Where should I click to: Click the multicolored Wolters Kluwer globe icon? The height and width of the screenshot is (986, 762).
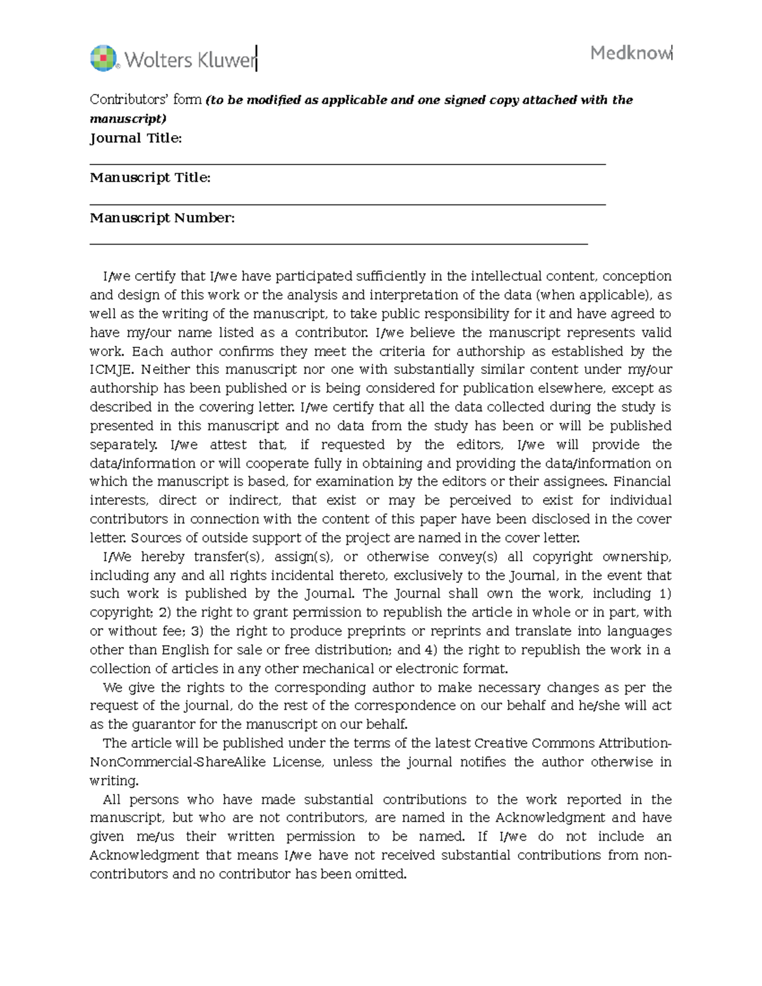pos(104,58)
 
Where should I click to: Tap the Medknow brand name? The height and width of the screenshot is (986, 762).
pos(630,53)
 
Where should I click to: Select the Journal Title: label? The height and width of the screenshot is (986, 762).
pos(136,138)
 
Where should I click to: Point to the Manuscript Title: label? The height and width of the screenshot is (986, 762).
pos(150,178)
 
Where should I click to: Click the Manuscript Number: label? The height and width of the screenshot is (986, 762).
pos(162,218)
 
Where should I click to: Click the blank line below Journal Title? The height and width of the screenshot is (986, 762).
pos(347,164)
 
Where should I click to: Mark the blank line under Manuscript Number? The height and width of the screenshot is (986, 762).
pos(338,244)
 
